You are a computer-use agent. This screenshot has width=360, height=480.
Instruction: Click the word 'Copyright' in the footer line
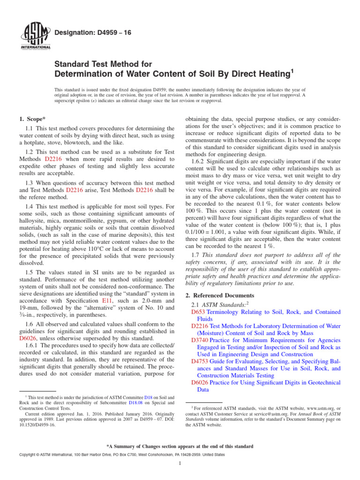click(29, 455)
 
